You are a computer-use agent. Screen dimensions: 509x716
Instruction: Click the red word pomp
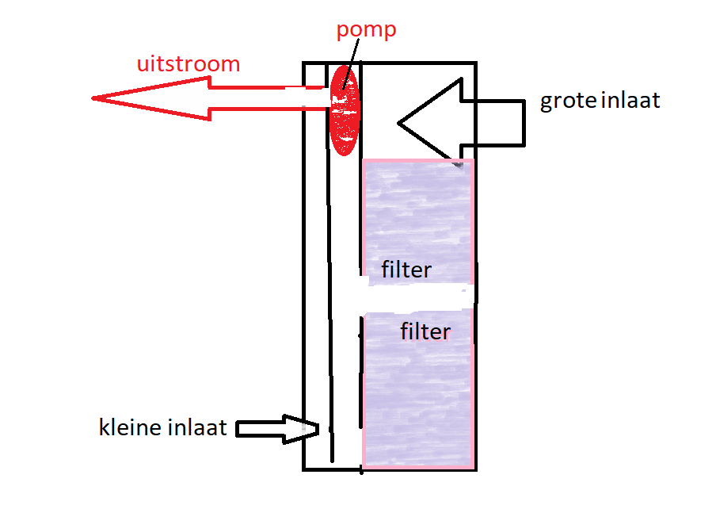365,32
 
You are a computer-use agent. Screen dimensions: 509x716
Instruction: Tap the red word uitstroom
188,63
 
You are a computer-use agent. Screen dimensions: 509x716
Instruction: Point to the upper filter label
406,270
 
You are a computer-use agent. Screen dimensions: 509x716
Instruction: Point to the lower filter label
425,331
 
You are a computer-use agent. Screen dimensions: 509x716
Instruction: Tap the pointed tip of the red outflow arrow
95,98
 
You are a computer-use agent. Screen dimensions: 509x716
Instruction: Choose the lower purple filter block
417,396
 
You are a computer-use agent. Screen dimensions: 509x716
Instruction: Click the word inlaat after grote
631,101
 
